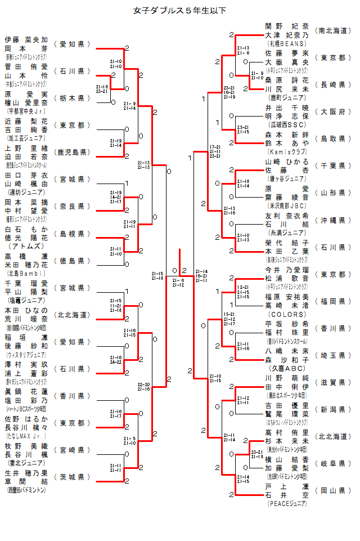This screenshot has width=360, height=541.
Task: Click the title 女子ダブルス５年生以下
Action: [180, 10]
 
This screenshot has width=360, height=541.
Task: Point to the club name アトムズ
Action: [26, 246]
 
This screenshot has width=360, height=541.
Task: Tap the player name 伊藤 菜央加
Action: [26, 40]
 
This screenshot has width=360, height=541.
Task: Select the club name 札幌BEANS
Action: [287, 43]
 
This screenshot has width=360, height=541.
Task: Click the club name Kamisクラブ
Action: [287, 151]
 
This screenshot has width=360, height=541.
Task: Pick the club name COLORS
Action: [287, 314]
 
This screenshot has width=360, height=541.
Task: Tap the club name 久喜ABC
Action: [287, 368]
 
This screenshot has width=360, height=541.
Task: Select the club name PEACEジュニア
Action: [287, 503]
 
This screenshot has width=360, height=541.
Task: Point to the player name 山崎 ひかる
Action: [287, 162]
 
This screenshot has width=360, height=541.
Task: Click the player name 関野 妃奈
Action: [287, 26]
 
